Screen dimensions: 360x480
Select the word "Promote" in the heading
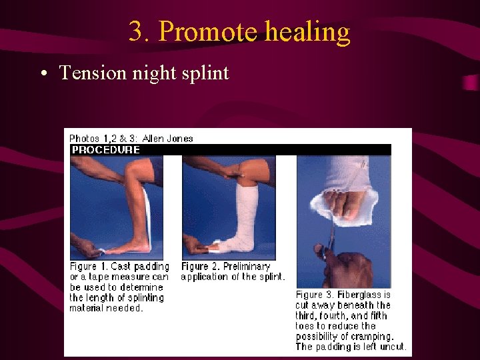[208, 32]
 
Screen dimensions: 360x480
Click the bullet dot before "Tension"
[42, 73]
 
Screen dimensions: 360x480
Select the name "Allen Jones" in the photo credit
[168, 139]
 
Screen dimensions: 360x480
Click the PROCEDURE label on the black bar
[106, 149]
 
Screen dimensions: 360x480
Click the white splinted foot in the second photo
[230, 243]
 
